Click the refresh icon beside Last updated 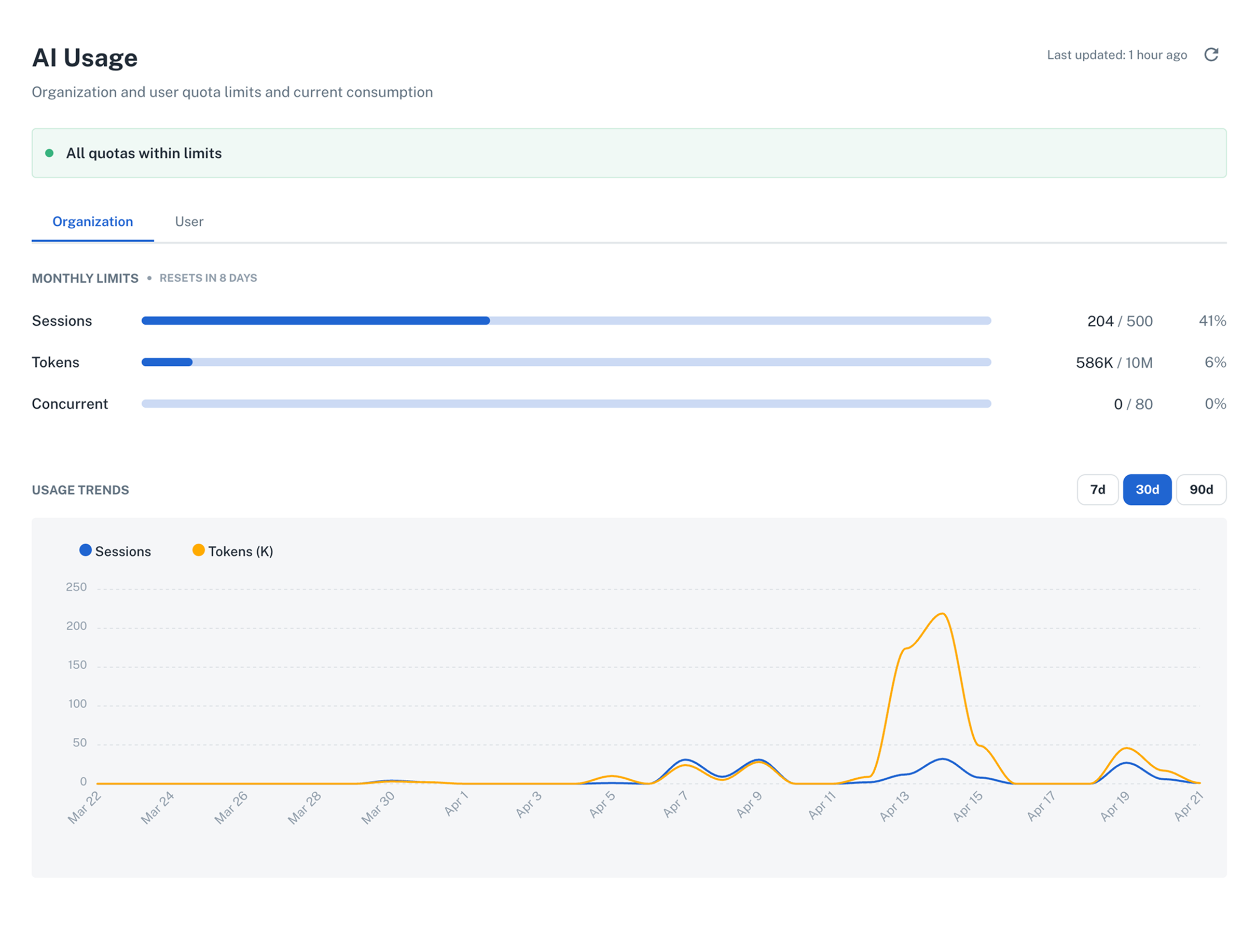click(x=1211, y=54)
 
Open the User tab click(x=189, y=222)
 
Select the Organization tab click(x=92, y=222)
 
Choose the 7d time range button click(x=1097, y=489)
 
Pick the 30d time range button click(x=1147, y=489)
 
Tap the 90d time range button click(x=1200, y=489)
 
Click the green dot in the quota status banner click(x=49, y=153)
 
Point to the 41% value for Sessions click(x=1212, y=321)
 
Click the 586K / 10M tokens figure click(x=1113, y=362)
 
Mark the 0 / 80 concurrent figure click(x=1132, y=404)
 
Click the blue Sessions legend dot click(x=86, y=550)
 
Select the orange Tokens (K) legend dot click(x=198, y=550)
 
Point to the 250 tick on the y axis click(x=76, y=587)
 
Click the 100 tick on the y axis click(x=77, y=704)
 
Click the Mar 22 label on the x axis click(x=85, y=807)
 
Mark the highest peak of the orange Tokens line click(x=942, y=614)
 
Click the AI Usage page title click(x=85, y=58)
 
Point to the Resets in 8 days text click(x=208, y=278)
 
